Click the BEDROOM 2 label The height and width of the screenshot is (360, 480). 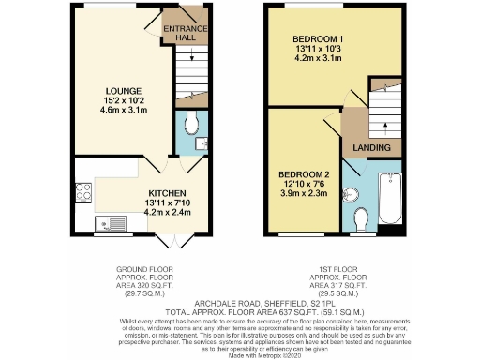304,175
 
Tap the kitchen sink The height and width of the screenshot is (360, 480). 110,223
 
